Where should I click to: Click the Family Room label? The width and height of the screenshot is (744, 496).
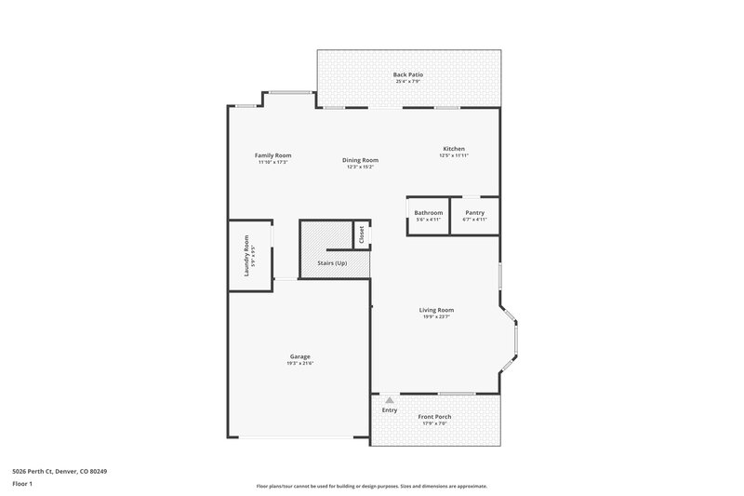tap(273, 154)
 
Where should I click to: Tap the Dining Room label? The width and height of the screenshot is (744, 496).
tap(361, 160)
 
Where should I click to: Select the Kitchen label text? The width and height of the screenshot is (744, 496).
tap(453, 149)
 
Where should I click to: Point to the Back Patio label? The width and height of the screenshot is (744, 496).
tap(408, 74)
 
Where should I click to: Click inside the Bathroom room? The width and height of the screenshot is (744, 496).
tap(429, 215)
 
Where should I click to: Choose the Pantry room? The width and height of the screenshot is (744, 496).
tap(474, 215)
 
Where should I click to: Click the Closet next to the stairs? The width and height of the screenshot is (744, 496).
tap(362, 235)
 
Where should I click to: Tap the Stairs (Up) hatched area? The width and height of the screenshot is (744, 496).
tap(331, 251)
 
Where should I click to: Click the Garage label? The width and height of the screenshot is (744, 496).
tap(299, 356)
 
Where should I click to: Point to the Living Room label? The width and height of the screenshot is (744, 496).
tap(436, 310)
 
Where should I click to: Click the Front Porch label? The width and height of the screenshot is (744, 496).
tap(435, 416)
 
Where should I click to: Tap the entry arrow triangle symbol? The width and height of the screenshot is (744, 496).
tap(390, 400)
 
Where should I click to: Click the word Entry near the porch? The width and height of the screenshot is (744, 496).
tap(390, 410)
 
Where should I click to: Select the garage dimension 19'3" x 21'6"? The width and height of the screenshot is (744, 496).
tap(299, 363)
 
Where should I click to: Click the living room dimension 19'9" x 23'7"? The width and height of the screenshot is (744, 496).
tap(436, 316)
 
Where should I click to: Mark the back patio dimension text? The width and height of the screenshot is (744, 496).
tap(408, 81)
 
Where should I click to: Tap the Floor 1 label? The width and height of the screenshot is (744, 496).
tap(22, 485)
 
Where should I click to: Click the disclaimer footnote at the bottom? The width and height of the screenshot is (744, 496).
tap(371, 486)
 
